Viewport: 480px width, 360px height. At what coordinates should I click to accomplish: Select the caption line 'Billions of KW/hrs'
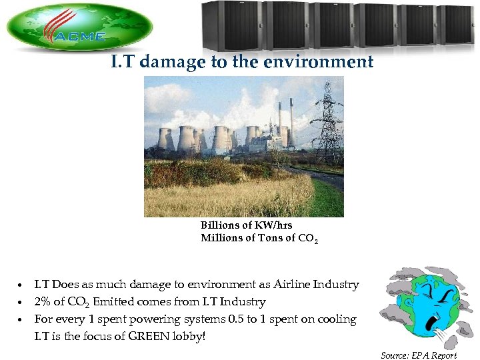click(x=246, y=225)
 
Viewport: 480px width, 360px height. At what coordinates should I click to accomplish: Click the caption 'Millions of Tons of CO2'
click(x=259, y=239)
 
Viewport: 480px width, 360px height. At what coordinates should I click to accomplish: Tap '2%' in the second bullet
click(x=44, y=302)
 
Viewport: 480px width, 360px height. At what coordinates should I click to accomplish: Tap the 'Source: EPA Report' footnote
click(x=418, y=355)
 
